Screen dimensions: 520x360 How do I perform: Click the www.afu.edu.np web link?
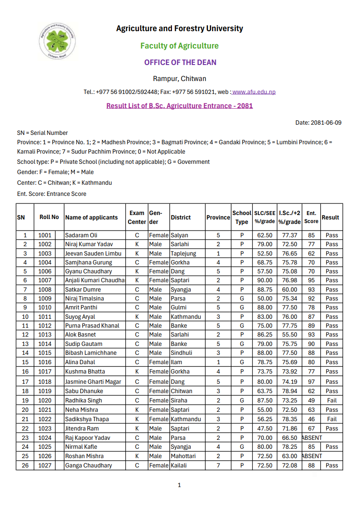click(x=254, y=92)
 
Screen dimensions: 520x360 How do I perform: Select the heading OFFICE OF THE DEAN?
click(x=180, y=62)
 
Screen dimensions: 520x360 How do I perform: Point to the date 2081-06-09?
click(x=326, y=122)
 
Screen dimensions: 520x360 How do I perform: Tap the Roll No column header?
click(x=49, y=217)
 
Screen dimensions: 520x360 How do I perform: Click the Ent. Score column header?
click(x=311, y=217)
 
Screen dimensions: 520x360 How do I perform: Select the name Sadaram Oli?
click(x=81, y=235)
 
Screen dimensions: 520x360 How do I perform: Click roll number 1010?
click(x=45, y=307)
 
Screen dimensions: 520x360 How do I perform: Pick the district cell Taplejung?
click(x=183, y=253)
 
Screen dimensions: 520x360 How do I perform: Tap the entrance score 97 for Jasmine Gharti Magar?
click(x=311, y=382)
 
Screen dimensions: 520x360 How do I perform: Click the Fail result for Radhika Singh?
click(x=331, y=400)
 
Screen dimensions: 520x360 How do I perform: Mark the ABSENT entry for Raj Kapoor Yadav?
click(x=312, y=438)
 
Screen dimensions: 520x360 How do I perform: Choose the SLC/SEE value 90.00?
click(x=265, y=280)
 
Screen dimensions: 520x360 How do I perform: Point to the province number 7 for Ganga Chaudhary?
click(x=218, y=465)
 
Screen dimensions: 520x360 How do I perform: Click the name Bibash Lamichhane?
click(x=91, y=353)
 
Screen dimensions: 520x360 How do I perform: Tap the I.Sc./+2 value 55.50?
click(x=289, y=334)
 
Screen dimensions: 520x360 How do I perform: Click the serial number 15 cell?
click(x=25, y=362)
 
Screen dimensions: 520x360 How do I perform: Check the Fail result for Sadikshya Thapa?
click(x=331, y=419)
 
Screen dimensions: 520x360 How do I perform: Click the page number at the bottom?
click(x=179, y=485)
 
